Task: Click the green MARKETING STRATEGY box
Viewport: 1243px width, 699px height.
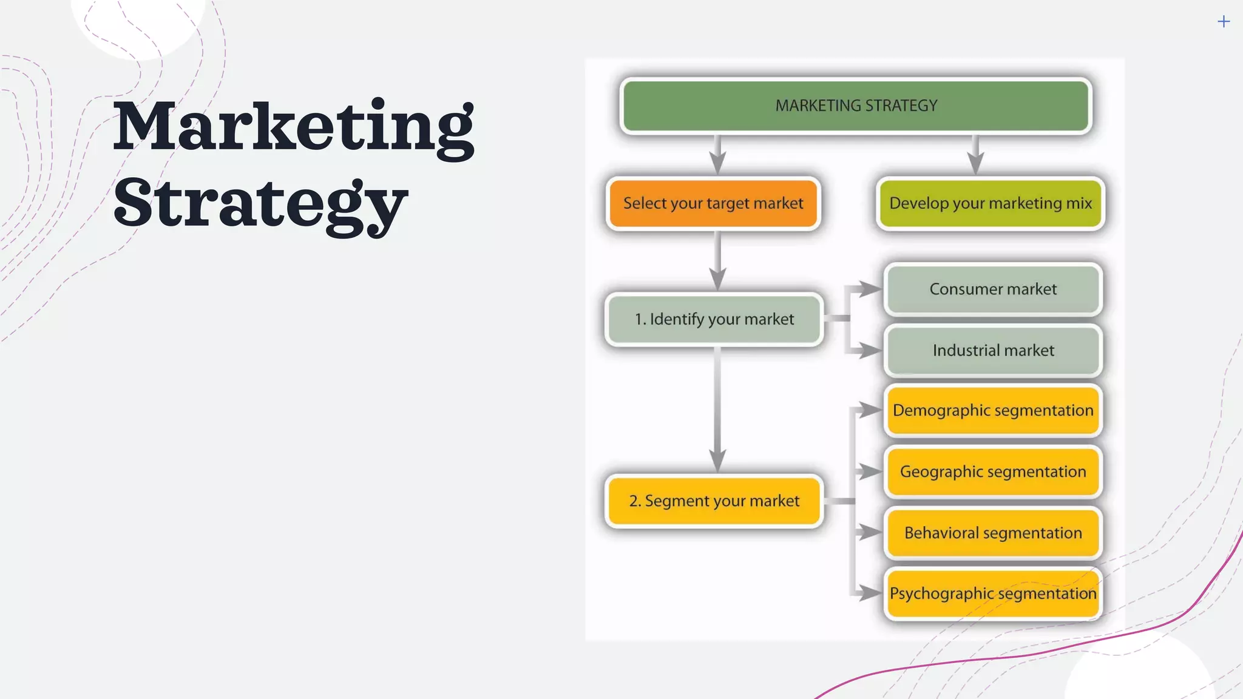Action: click(856, 106)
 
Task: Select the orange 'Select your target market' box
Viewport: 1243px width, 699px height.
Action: click(713, 203)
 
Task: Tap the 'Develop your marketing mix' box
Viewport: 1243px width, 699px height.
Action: click(991, 203)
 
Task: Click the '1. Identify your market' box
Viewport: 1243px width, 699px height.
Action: click(714, 319)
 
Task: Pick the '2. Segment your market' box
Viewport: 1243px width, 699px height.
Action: click(714, 501)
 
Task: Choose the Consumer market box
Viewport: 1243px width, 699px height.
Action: click(993, 289)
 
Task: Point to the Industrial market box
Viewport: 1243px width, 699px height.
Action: click(993, 351)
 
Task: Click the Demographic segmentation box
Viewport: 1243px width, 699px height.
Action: click(993, 411)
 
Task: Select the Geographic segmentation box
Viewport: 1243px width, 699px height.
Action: click(993, 472)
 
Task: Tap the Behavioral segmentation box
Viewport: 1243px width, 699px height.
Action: click(993, 533)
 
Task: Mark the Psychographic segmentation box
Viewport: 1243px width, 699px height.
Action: click(993, 593)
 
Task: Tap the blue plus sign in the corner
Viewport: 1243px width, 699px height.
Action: click(1224, 22)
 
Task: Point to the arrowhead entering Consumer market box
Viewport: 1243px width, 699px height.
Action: click(870, 289)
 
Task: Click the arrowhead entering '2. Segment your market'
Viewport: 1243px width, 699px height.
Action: click(718, 461)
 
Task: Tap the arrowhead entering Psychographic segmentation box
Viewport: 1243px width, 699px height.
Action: click(870, 593)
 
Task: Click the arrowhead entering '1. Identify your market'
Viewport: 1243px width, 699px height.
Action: click(718, 280)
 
